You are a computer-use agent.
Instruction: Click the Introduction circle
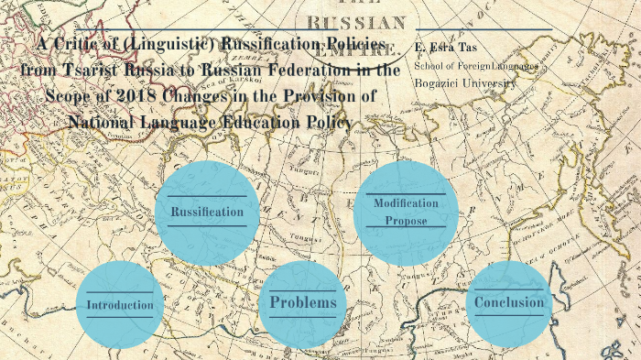(120, 304)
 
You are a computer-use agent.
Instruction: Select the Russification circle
(207, 212)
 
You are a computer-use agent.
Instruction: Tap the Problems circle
(303, 302)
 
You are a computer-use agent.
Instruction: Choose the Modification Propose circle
(406, 212)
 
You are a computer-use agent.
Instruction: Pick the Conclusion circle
(509, 302)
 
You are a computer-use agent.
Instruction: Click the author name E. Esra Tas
(445, 47)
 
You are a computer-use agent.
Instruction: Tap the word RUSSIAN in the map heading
(356, 22)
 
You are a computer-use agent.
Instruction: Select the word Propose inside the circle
(406, 221)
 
